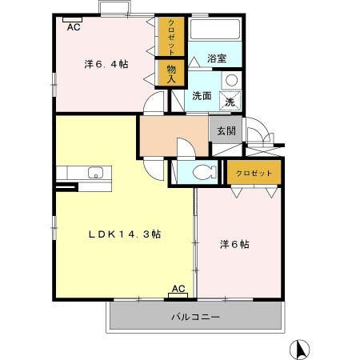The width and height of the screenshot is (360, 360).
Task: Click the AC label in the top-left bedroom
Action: (74, 27)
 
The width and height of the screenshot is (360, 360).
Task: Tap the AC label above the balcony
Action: (178, 289)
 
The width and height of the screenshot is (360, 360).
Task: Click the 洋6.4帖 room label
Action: (107, 63)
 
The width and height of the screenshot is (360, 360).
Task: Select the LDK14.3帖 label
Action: (124, 234)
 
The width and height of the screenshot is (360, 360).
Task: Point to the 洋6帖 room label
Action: (234, 244)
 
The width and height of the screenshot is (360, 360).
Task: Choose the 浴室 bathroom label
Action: (217, 58)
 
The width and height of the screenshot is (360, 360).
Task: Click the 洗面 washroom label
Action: (202, 96)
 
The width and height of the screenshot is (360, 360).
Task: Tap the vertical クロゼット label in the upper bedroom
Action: (171, 38)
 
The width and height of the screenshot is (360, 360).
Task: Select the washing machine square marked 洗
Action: (229, 102)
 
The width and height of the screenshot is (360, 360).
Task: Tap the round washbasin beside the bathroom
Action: (230, 80)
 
